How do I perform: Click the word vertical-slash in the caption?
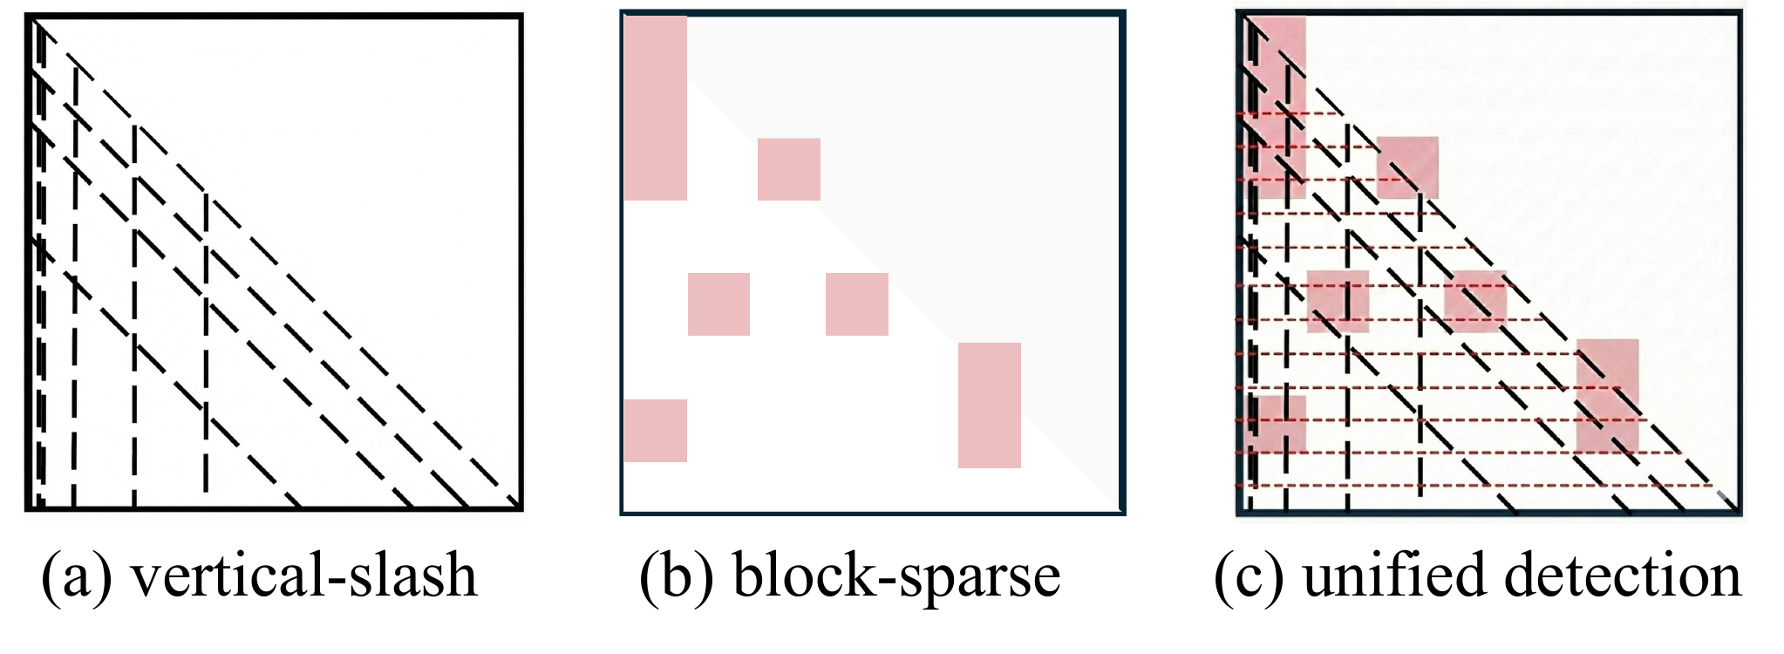303,576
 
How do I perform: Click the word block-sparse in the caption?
896,576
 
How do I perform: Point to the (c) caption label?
1249,576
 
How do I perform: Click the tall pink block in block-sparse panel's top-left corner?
656,108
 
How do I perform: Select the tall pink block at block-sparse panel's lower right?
989,405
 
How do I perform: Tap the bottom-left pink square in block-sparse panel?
656,431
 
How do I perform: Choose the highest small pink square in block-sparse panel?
788,169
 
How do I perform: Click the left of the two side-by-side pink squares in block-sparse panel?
718,304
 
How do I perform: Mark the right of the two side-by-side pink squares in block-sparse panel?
856,304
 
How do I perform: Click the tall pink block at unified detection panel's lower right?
1607,397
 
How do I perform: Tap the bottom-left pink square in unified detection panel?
1280,424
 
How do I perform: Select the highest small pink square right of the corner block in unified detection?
1407,167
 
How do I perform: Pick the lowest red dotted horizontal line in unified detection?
1474,486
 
